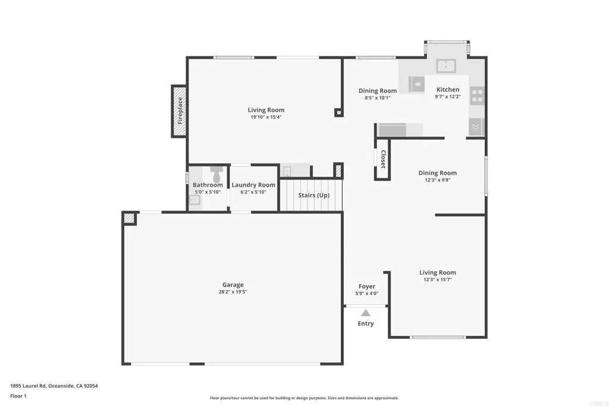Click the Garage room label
tap(233, 285)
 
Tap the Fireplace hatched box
tap(180, 111)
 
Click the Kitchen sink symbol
tap(446, 65)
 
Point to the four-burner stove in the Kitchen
tap(477, 96)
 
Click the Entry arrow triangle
tap(366, 313)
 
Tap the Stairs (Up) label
tap(313, 196)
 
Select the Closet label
tap(383, 159)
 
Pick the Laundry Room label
tap(253, 185)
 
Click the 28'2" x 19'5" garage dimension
tap(233, 292)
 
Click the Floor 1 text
tap(18, 396)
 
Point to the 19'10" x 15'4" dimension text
tap(266, 117)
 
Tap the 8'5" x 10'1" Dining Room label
tap(378, 91)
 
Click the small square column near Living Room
tap(338, 112)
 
